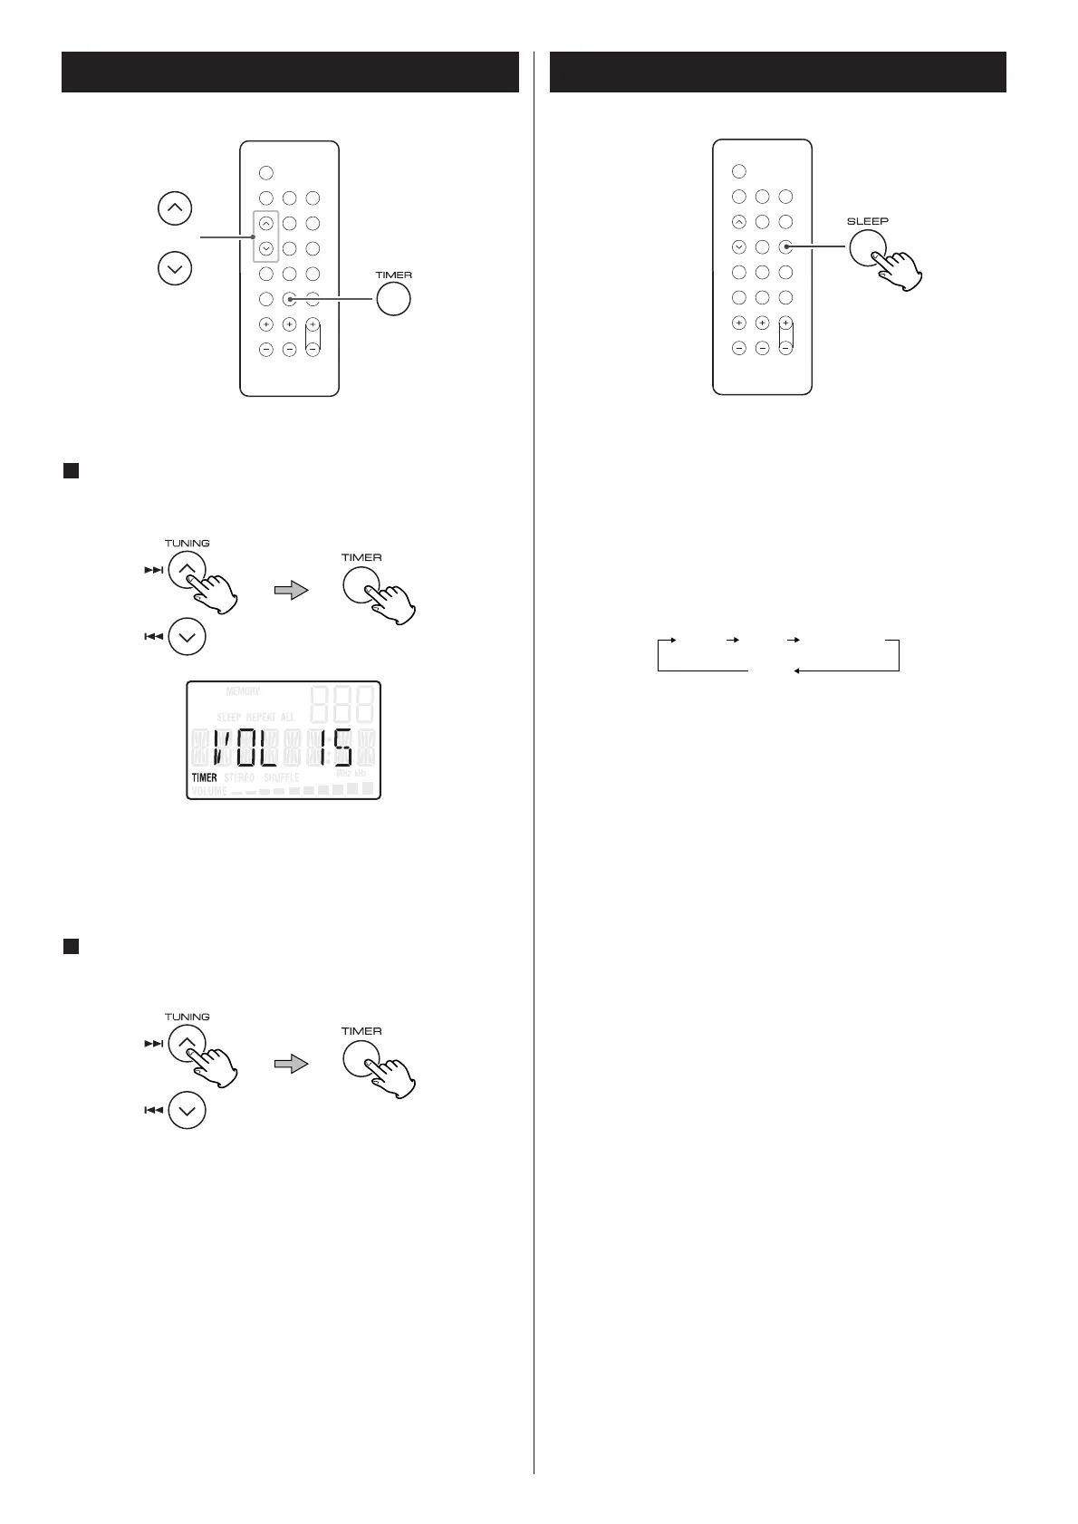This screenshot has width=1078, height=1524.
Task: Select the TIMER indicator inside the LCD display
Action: (205, 777)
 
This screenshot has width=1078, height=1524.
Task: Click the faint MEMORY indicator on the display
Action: (236, 691)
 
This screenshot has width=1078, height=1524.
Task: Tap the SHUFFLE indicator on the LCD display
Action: (281, 777)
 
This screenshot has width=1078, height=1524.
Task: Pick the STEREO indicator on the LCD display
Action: (239, 777)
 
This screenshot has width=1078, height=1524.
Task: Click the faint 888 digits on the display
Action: (343, 701)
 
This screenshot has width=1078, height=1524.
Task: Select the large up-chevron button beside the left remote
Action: (175, 209)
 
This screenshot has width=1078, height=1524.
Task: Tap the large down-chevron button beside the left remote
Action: (175, 268)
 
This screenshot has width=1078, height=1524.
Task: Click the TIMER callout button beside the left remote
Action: (393, 299)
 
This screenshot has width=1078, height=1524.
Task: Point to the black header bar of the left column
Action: (290, 72)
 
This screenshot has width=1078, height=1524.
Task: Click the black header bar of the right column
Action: (778, 72)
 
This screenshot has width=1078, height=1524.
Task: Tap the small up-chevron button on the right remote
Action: (739, 221)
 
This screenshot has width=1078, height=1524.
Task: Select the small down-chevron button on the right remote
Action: (739, 246)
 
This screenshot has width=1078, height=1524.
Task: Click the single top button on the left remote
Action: (266, 172)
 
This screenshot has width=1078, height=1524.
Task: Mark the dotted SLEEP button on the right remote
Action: (786, 246)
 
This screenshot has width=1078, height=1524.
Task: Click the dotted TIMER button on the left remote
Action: (290, 299)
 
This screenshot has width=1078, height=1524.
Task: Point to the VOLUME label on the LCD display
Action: (209, 791)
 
